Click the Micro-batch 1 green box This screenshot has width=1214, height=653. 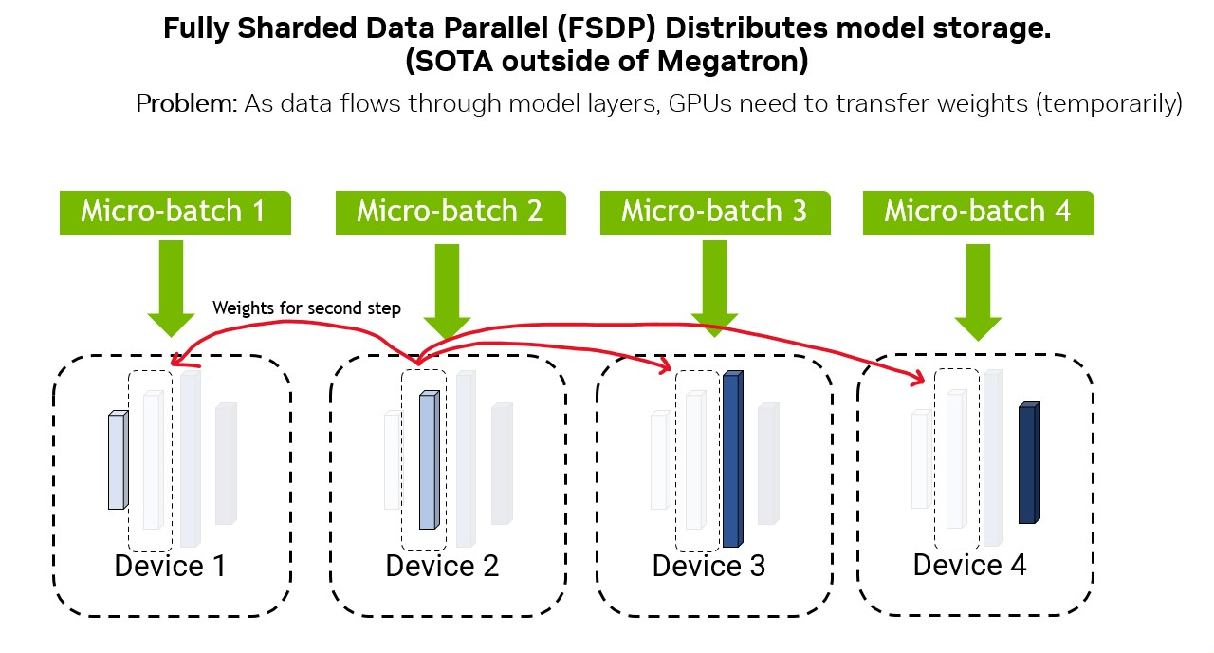[174, 213]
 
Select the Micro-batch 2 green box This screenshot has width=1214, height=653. [451, 213]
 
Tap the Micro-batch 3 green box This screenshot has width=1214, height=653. [715, 213]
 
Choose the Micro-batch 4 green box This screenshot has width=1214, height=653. [978, 213]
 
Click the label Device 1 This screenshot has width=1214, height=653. [171, 567]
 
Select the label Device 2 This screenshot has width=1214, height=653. [442, 567]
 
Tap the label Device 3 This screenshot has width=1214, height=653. [708, 567]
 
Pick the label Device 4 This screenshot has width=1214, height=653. [969, 566]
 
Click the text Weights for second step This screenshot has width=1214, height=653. [306, 308]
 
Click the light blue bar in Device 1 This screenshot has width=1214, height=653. [118, 461]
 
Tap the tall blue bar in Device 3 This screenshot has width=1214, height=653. [732, 459]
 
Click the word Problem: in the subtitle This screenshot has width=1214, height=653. [187, 103]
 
